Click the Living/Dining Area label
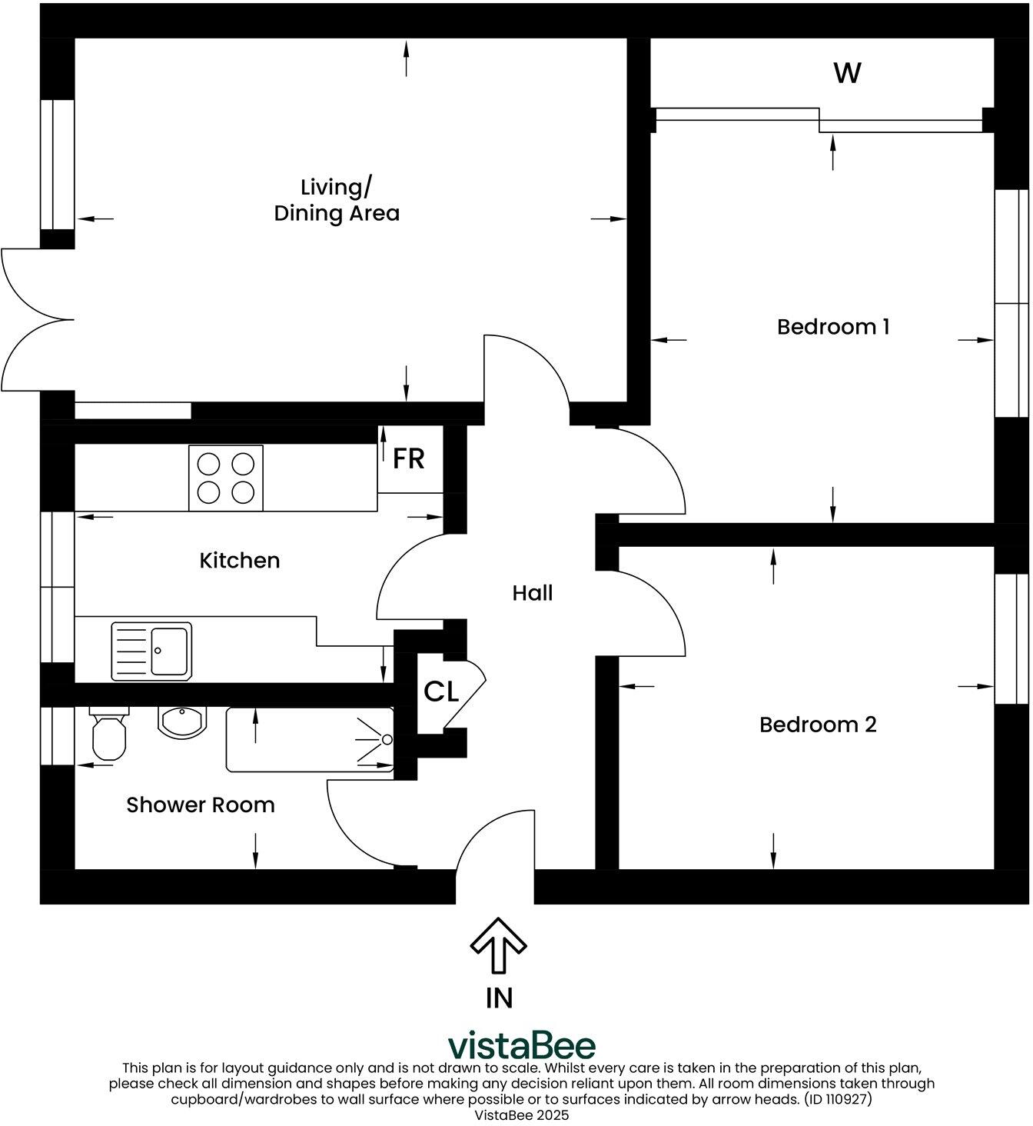337,200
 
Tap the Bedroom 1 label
833,327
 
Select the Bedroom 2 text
818,725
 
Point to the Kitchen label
240,561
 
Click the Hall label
533,593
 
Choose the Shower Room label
201,805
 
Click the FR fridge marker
408,459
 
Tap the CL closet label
441,692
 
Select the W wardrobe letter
847,73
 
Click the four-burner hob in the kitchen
226,478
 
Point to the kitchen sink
151,651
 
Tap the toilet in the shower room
108,735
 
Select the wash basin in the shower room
181,720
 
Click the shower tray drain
387,740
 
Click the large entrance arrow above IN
498,945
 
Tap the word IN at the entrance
499,998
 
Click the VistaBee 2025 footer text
522,1114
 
